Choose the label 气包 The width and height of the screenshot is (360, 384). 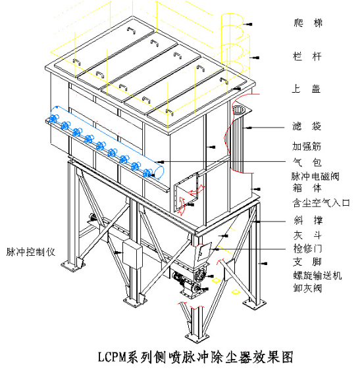tap(308, 162)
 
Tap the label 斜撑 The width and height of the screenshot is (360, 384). tap(308, 221)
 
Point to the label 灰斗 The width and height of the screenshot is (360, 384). tap(308, 236)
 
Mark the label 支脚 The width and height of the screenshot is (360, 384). tap(308, 264)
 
